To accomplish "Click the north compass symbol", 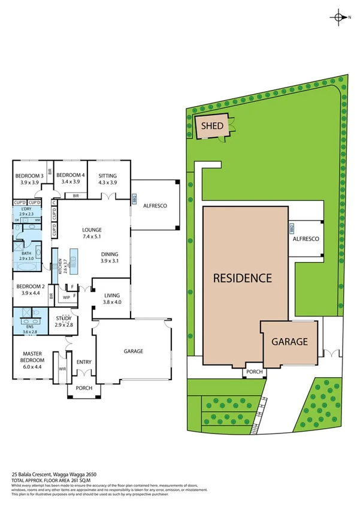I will (340, 17).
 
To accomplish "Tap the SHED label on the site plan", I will (211, 126).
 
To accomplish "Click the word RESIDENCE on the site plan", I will (243, 278).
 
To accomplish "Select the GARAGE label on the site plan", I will (290, 342).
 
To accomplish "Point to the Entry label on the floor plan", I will (84, 362).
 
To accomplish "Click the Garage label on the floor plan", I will (134, 351).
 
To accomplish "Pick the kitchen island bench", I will (74, 258).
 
